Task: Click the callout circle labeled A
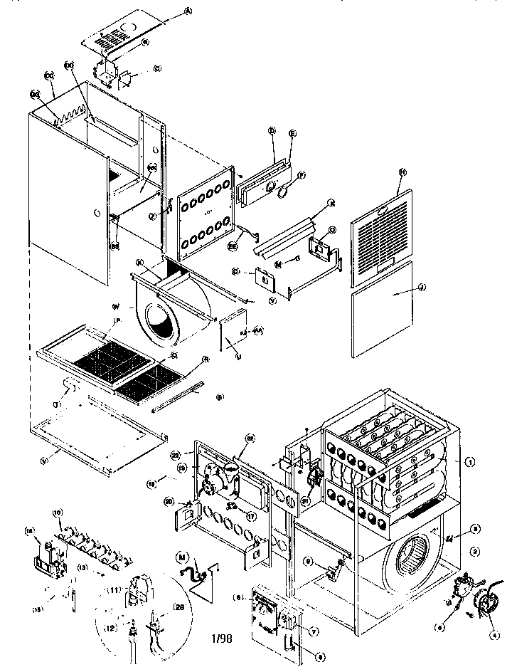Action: [x=169, y=11]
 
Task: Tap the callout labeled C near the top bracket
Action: [x=157, y=68]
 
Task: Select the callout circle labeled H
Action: [x=402, y=172]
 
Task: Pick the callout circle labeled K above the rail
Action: [x=331, y=203]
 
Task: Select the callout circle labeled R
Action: [x=205, y=359]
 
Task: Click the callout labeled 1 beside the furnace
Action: [x=470, y=461]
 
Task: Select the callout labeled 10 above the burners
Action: [x=59, y=512]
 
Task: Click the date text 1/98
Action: [x=221, y=639]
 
